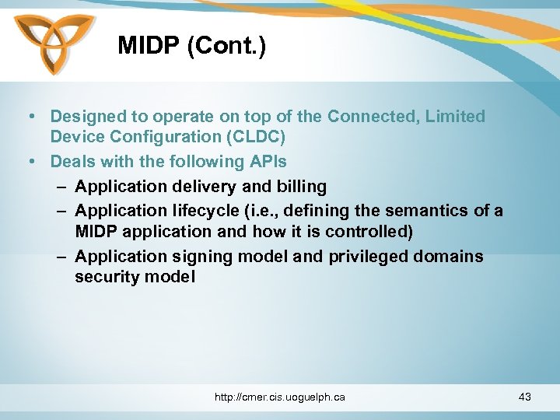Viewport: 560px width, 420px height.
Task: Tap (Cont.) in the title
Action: coord(227,46)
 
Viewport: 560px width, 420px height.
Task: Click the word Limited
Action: coord(460,117)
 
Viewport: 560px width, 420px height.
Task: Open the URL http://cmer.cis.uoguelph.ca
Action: coord(280,397)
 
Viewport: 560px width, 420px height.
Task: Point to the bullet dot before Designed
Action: coord(30,117)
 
